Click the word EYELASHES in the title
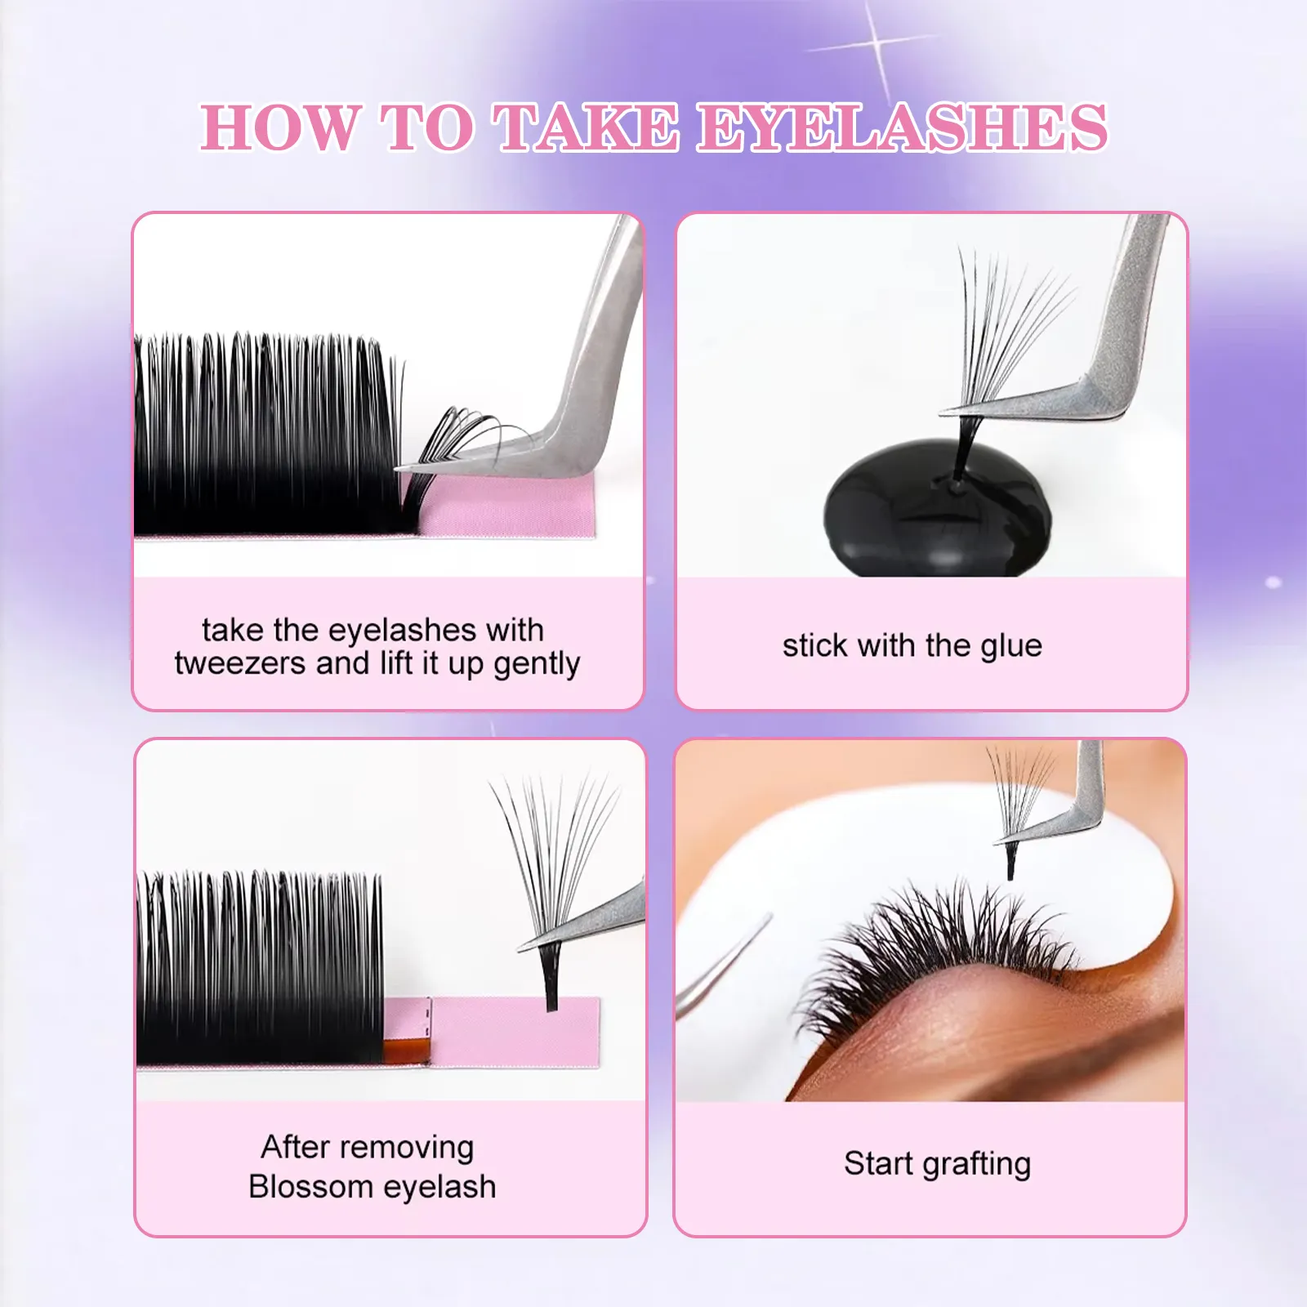pyautogui.click(x=902, y=127)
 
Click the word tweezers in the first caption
pyautogui.click(x=240, y=663)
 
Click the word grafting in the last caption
pyautogui.click(x=976, y=1164)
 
